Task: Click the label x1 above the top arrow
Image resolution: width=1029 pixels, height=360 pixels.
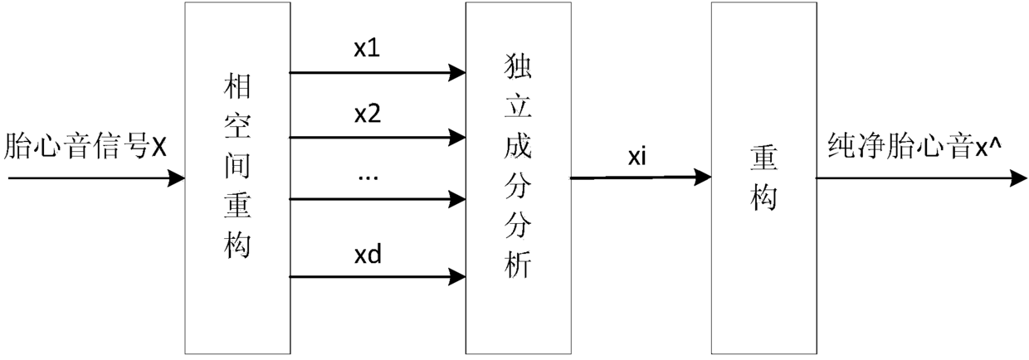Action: (x=366, y=49)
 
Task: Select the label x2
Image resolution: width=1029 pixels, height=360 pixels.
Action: (x=367, y=114)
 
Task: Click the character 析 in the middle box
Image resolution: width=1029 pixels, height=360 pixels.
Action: (x=517, y=267)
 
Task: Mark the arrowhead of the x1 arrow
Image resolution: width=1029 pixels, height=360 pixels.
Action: (x=457, y=73)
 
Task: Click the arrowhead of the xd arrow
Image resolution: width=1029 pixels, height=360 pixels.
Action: (x=457, y=274)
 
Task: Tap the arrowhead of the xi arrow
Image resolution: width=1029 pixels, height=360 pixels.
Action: (x=703, y=176)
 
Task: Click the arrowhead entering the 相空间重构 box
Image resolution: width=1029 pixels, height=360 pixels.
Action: (x=176, y=177)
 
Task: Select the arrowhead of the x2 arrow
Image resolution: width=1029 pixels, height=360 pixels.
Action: (x=457, y=135)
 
